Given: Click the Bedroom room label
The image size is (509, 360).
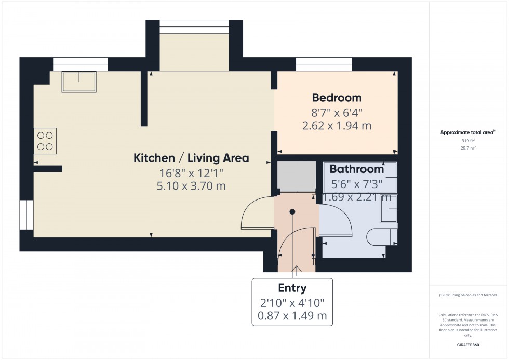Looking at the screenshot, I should (x=337, y=98).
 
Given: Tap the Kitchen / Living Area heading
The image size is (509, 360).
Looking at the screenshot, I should (x=191, y=158).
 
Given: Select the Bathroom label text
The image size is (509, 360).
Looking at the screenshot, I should (x=357, y=169).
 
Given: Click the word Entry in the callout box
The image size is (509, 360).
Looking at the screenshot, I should (x=292, y=288).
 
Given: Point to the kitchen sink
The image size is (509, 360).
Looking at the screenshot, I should (x=79, y=82).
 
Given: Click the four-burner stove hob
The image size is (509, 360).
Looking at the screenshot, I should (x=45, y=141).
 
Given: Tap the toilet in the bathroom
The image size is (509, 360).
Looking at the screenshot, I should (x=380, y=237).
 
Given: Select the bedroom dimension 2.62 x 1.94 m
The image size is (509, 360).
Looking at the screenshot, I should (x=337, y=125).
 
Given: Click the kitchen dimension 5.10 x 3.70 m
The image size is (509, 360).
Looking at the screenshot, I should (x=191, y=185).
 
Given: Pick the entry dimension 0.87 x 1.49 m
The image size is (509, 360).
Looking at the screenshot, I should (x=292, y=315).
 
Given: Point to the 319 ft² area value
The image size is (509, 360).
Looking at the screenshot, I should (x=468, y=141).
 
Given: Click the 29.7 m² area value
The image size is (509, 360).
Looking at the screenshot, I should (x=468, y=148).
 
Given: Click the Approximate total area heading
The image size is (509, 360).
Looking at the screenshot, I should (x=468, y=132).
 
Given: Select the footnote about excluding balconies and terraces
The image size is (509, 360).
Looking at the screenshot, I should (x=468, y=295).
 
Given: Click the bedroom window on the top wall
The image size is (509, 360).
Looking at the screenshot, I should (x=324, y=64).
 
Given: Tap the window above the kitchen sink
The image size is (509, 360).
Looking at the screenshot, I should (x=81, y=64).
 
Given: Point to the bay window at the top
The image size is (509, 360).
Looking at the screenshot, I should (x=194, y=26).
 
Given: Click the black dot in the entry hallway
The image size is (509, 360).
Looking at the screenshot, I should (x=292, y=212).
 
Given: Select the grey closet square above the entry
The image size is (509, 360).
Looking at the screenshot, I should (x=296, y=176).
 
